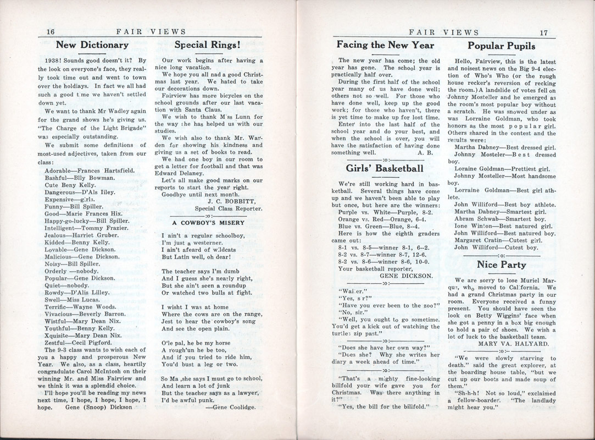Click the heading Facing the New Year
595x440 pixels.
(385, 45)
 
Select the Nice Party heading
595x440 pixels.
(501, 265)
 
